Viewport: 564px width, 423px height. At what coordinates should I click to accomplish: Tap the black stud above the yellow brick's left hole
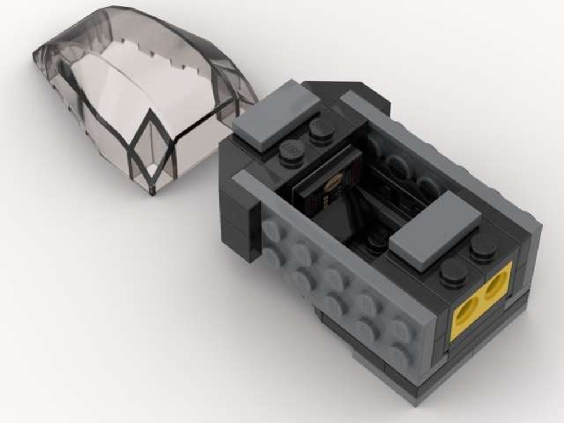[x=454, y=272]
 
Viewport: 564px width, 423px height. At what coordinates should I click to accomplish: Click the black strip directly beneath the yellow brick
[x=485, y=344]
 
